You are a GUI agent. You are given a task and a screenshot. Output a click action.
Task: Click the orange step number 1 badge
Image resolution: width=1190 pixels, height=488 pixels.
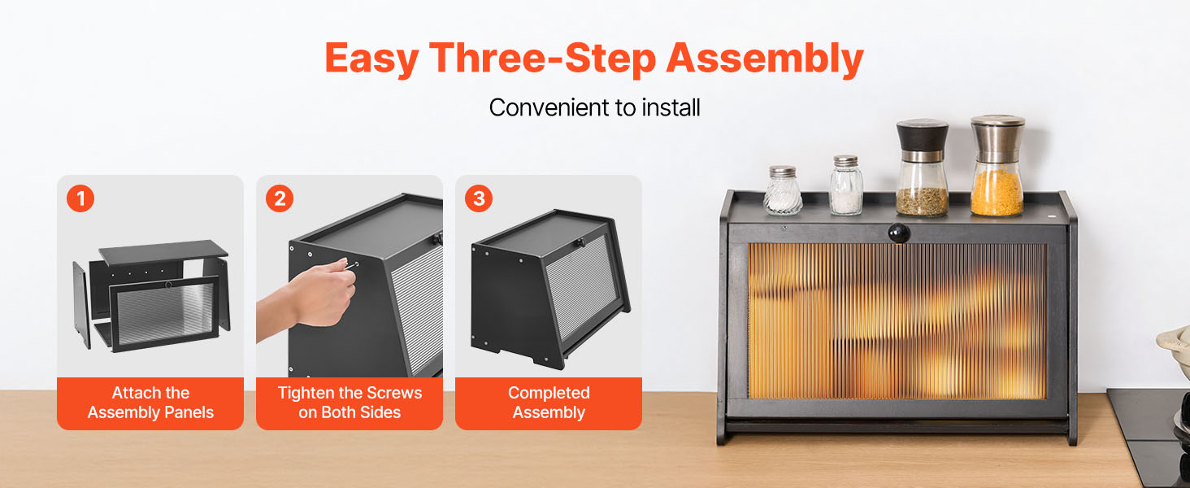click(80, 198)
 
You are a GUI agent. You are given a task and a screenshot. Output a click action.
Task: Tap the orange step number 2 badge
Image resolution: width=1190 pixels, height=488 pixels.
click(280, 198)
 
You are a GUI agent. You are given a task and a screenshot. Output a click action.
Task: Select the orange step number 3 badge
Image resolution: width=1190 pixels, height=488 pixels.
click(479, 198)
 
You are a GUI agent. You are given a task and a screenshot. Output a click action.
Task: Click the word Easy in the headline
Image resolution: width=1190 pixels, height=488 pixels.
click(371, 59)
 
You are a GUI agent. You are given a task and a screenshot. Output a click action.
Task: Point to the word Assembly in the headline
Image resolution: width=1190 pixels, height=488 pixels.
click(764, 59)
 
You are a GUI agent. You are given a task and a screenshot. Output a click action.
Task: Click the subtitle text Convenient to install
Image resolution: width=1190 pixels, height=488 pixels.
click(594, 107)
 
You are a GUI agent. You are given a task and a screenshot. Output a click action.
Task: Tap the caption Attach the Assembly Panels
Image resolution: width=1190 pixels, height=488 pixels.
click(150, 403)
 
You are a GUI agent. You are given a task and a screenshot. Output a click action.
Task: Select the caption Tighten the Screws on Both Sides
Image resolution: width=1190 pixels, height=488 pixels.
click(350, 403)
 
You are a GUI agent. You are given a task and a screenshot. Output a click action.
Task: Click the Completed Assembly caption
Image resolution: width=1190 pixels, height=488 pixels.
click(549, 403)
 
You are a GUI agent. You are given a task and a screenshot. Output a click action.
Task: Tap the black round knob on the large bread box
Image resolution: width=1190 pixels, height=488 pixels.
click(899, 233)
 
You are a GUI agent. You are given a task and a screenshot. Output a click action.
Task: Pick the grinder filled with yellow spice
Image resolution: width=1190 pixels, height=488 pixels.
click(997, 166)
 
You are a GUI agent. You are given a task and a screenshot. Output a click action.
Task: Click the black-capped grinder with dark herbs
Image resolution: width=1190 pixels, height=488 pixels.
click(922, 168)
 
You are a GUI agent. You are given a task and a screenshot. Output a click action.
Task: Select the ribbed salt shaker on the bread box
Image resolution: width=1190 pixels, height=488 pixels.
click(783, 190)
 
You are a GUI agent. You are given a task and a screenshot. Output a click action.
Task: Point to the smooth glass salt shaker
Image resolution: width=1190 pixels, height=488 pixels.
click(846, 185)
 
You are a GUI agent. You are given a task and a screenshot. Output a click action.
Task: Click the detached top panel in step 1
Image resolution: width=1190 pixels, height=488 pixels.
click(163, 252)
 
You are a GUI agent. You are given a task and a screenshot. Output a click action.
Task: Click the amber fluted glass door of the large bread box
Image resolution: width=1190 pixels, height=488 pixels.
click(897, 321)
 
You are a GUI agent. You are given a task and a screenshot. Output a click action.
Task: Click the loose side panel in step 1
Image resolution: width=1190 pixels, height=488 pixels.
click(81, 305)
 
